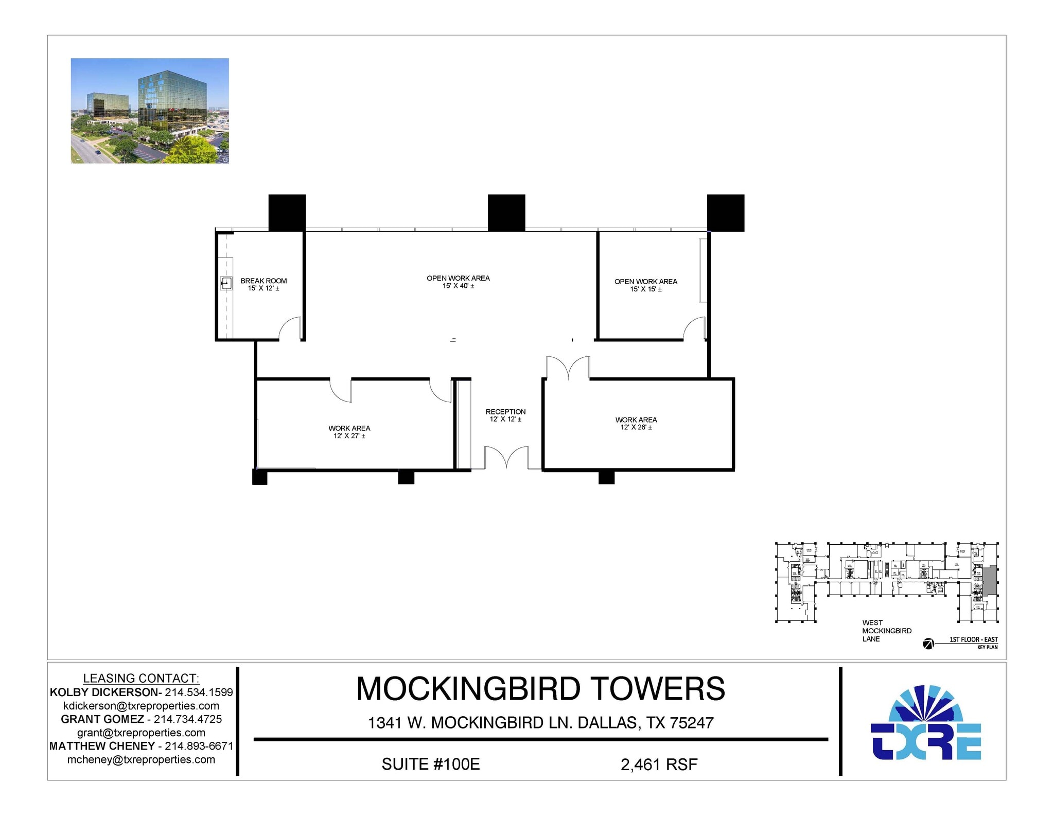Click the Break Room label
point(263,281)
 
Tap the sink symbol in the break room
point(226,283)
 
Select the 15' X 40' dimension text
point(458,286)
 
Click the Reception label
point(505,411)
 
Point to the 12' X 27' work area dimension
point(349,436)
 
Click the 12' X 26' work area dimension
point(636,427)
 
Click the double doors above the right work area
point(568,367)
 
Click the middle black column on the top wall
point(506,213)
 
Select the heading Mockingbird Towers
point(540,689)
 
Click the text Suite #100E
point(431,764)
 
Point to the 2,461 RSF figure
point(659,765)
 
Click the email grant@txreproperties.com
point(141,733)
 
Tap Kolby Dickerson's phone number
point(199,692)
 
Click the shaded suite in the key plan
point(990,581)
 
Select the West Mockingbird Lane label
point(886,631)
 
